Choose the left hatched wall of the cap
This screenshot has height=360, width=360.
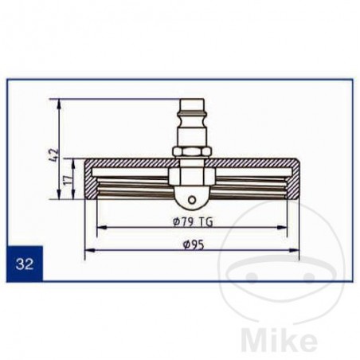pyautogui.click(x=90, y=180)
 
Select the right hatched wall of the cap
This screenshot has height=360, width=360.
pyautogui.click(x=292, y=180)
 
